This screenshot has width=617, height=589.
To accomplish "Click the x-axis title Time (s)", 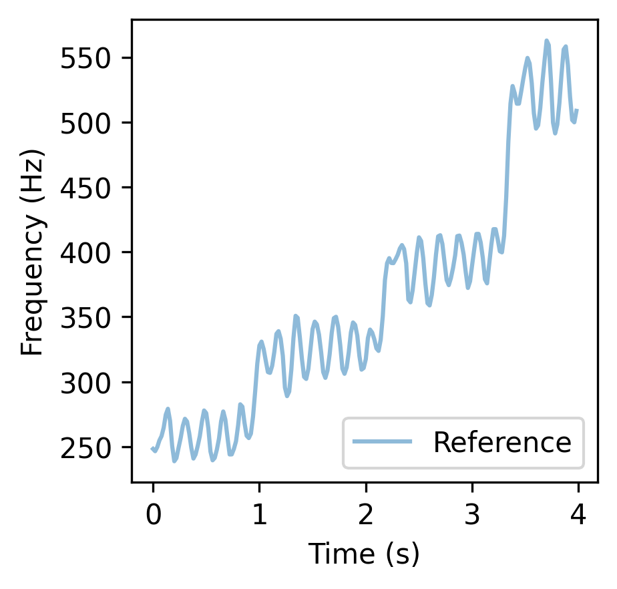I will pyautogui.click(x=364, y=554).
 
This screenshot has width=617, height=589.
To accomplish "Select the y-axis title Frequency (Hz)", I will pyautogui.click(x=32, y=252).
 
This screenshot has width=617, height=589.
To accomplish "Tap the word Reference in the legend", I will pyautogui.click(x=502, y=443).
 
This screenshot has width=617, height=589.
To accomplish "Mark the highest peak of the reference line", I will pyautogui.click(x=546, y=41).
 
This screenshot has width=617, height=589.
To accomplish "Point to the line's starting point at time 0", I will pyautogui.click(x=153, y=448).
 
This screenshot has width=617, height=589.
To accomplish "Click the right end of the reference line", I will pyautogui.click(x=577, y=110).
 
